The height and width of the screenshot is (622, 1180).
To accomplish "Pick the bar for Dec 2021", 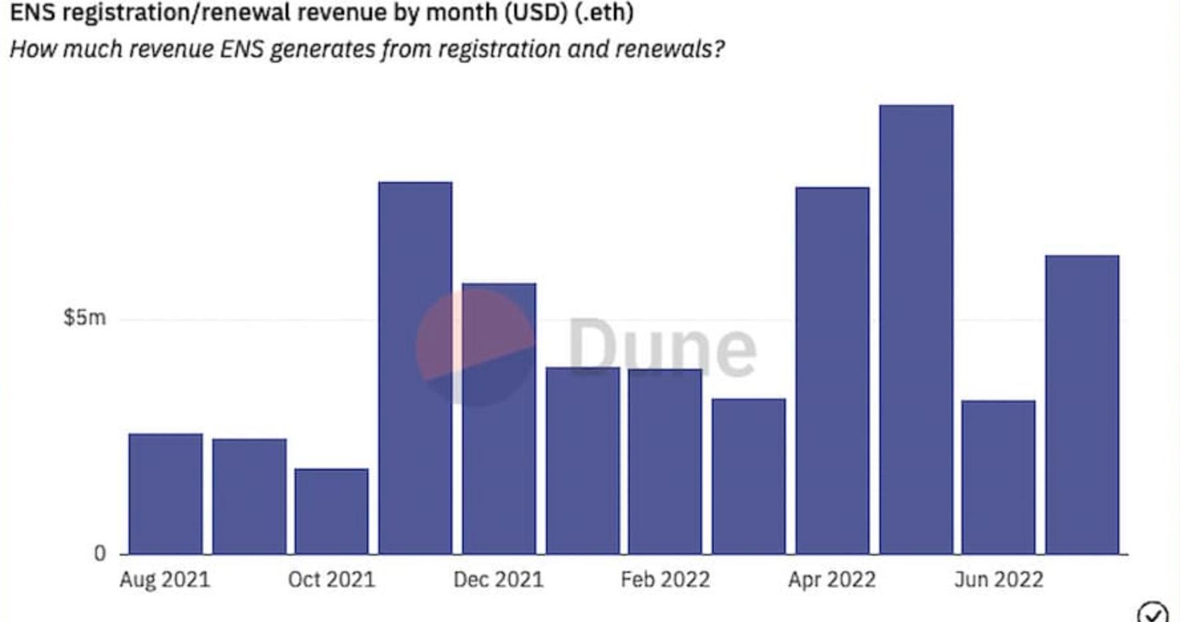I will tap(499, 418).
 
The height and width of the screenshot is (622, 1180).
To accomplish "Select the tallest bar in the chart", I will tap(916, 329).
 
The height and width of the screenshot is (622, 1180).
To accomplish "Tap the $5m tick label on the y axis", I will tap(84, 318).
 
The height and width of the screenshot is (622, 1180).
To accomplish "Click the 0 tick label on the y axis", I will tap(100, 553).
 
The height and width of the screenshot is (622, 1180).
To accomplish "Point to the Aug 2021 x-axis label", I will tap(165, 579).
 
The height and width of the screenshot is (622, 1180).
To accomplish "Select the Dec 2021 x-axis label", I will tap(498, 579).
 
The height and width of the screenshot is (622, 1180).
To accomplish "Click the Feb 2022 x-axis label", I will tap(665, 579).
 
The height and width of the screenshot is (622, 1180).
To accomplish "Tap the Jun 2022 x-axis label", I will tap(999, 579).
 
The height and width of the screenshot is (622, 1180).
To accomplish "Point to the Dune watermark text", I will tap(662, 347).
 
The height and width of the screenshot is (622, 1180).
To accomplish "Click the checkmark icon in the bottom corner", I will tap(1153, 613).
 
